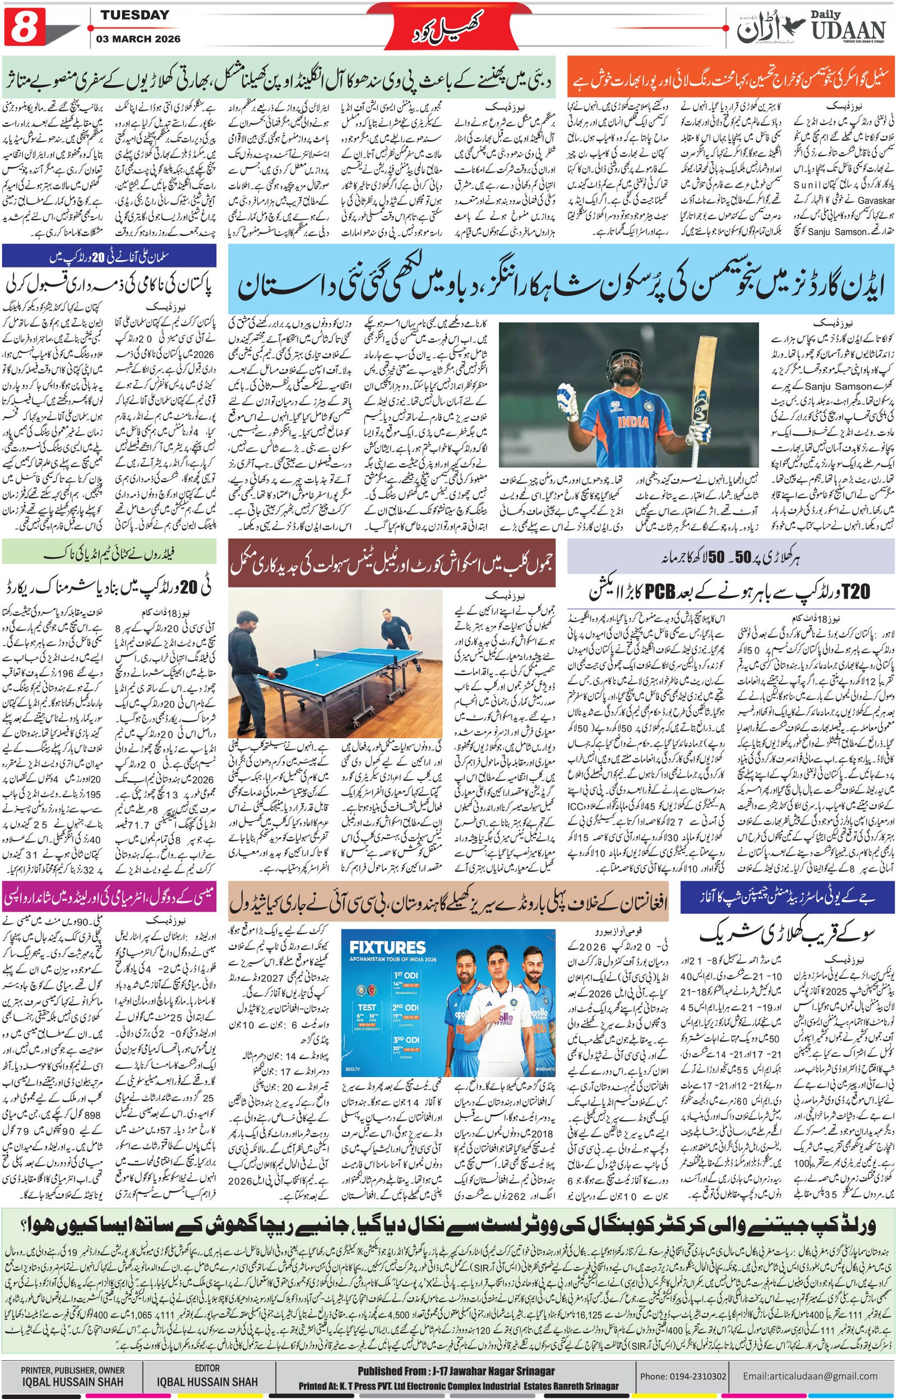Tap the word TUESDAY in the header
135,15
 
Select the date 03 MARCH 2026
139,39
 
